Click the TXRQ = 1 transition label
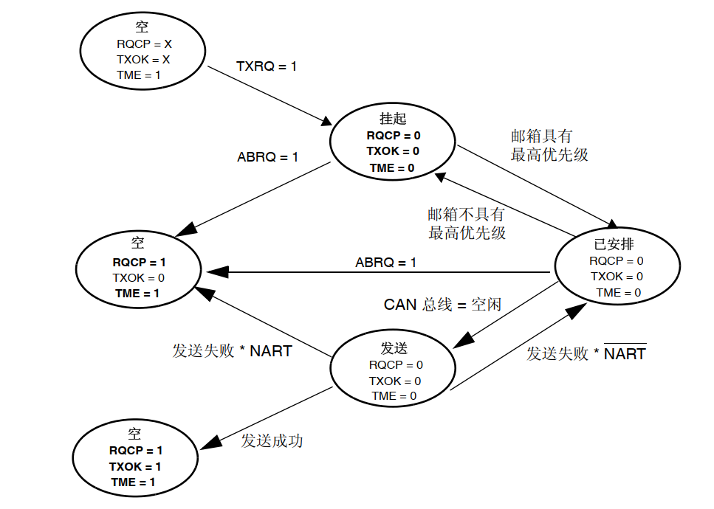click(x=266, y=66)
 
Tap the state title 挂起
click(x=393, y=119)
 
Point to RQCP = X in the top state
click(x=144, y=44)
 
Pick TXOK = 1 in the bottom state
click(x=135, y=466)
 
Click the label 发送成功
click(x=272, y=441)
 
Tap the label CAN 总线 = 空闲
click(x=442, y=305)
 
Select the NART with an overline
click(x=625, y=354)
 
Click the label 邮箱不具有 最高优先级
click(x=467, y=224)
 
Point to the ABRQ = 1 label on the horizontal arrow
click(x=385, y=263)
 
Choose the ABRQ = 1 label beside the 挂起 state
click(x=267, y=157)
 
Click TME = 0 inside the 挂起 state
click(x=392, y=167)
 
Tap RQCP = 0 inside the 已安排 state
click(x=617, y=260)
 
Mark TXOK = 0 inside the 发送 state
click(x=395, y=381)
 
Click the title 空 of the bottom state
click(x=134, y=434)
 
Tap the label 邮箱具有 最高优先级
click(x=549, y=145)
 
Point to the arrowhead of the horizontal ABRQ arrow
click(x=207, y=272)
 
